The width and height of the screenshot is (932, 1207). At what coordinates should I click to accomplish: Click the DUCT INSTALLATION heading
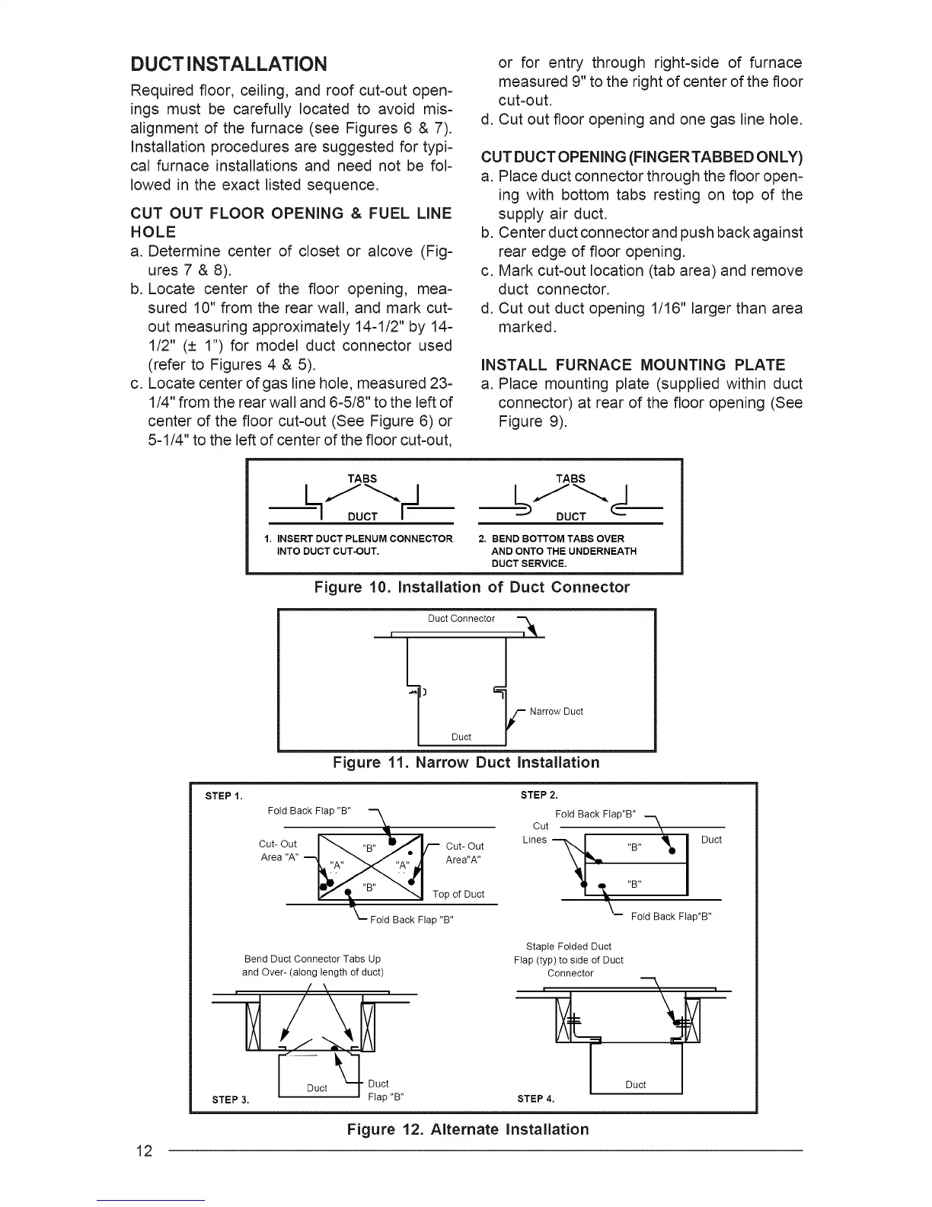(x=229, y=62)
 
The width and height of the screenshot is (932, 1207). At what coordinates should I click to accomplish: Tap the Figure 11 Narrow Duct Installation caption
(x=466, y=763)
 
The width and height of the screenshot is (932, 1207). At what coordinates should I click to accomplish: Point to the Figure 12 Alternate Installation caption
(x=468, y=1129)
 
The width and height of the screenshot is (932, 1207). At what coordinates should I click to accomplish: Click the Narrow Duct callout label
(x=556, y=712)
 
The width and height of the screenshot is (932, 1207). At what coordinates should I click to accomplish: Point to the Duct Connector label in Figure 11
(x=461, y=619)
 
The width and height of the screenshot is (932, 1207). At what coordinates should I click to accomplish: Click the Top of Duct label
(x=458, y=894)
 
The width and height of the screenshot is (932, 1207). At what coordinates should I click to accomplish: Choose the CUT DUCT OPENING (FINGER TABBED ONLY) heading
(x=642, y=158)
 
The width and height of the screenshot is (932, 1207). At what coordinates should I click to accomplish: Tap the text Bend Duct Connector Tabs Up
(x=312, y=959)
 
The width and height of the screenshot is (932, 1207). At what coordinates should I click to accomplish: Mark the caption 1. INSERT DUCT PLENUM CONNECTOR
(x=358, y=539)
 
